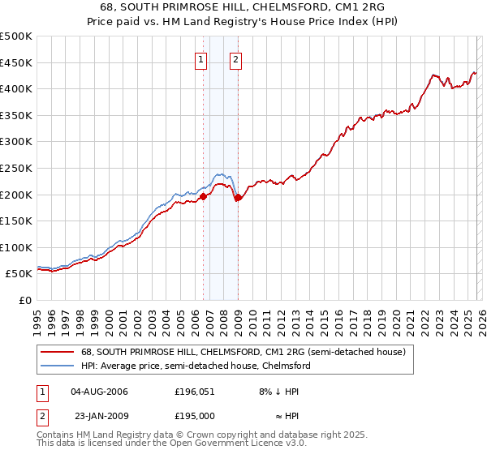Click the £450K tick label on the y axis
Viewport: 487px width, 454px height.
click(16, 63)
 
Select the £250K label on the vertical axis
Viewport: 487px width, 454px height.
click(16, 169)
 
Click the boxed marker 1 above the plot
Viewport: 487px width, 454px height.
click(201, 58)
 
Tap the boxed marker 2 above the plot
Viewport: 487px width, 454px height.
click(235, 58)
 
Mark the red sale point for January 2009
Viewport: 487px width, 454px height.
click(238, 197)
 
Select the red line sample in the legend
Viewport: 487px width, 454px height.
click(58, 353)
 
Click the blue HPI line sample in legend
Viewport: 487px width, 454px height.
click(58, 366)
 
